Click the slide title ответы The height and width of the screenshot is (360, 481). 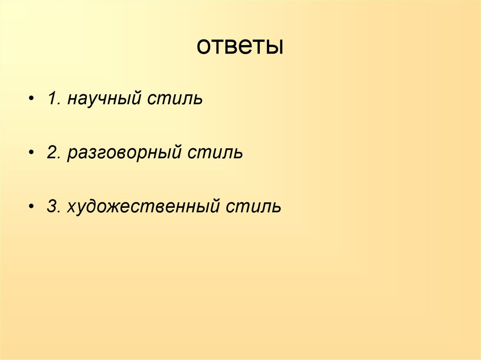[x=240, y=47]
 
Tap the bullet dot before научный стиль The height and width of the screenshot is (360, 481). [x=31, y=100]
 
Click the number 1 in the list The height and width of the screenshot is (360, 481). [x=51, y=99]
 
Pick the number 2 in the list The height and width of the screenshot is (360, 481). [x=51, y=153]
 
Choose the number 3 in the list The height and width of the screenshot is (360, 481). [x=51, y=206]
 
